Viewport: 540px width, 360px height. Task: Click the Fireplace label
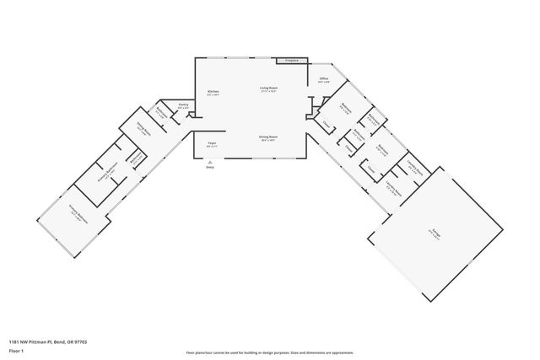click(292, 61)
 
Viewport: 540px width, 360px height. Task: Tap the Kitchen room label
click(213, 94)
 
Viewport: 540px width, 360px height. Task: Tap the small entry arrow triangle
click(209, 160)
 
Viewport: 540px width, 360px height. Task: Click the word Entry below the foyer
click(209, 167)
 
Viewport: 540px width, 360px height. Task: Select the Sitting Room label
click(144, 132)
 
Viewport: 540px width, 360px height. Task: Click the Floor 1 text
click(17, 348)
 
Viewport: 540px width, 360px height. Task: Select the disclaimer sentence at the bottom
click(269, 352)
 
